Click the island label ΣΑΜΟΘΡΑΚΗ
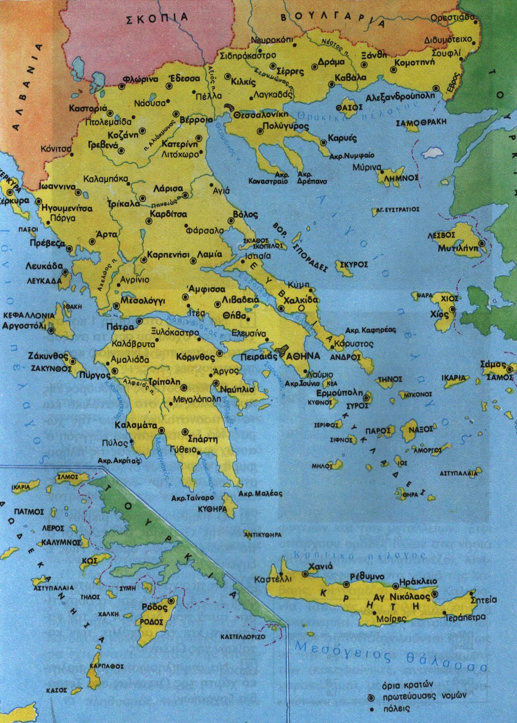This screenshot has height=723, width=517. pos(421,122)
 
